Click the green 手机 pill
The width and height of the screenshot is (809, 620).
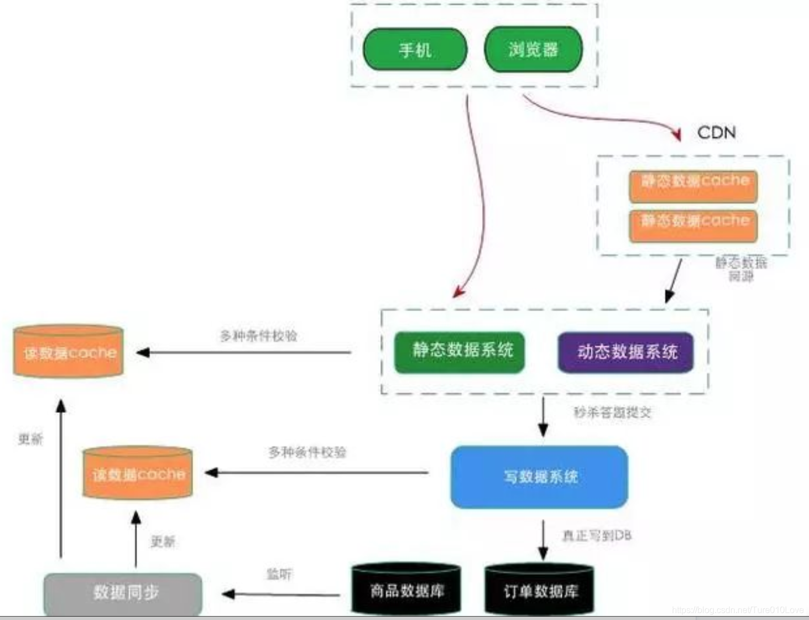(415, 50)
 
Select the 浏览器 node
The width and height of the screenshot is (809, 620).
(533, 50)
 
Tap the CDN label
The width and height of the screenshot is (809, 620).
(716, 133)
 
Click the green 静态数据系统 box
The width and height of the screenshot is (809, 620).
(460, 351)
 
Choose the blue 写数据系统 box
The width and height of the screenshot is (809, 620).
(539, 477)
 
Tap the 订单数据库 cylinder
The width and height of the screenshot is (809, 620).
(539, 590)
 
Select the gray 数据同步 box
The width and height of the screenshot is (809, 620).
(123, 594)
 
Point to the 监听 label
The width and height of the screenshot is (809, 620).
(279, 574)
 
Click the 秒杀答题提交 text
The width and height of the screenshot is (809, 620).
(612, 412)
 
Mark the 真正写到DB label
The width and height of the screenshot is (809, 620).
(597, 535)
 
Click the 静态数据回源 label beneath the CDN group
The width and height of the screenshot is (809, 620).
(741, 269)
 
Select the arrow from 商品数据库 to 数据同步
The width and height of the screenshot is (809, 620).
(281, 594)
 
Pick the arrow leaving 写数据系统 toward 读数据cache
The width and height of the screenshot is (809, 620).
(316, 472)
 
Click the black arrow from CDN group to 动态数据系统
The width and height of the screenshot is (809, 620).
(674, 281)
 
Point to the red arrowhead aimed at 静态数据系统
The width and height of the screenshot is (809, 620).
(458, 291)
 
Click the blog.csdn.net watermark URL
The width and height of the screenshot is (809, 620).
(737, 610)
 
